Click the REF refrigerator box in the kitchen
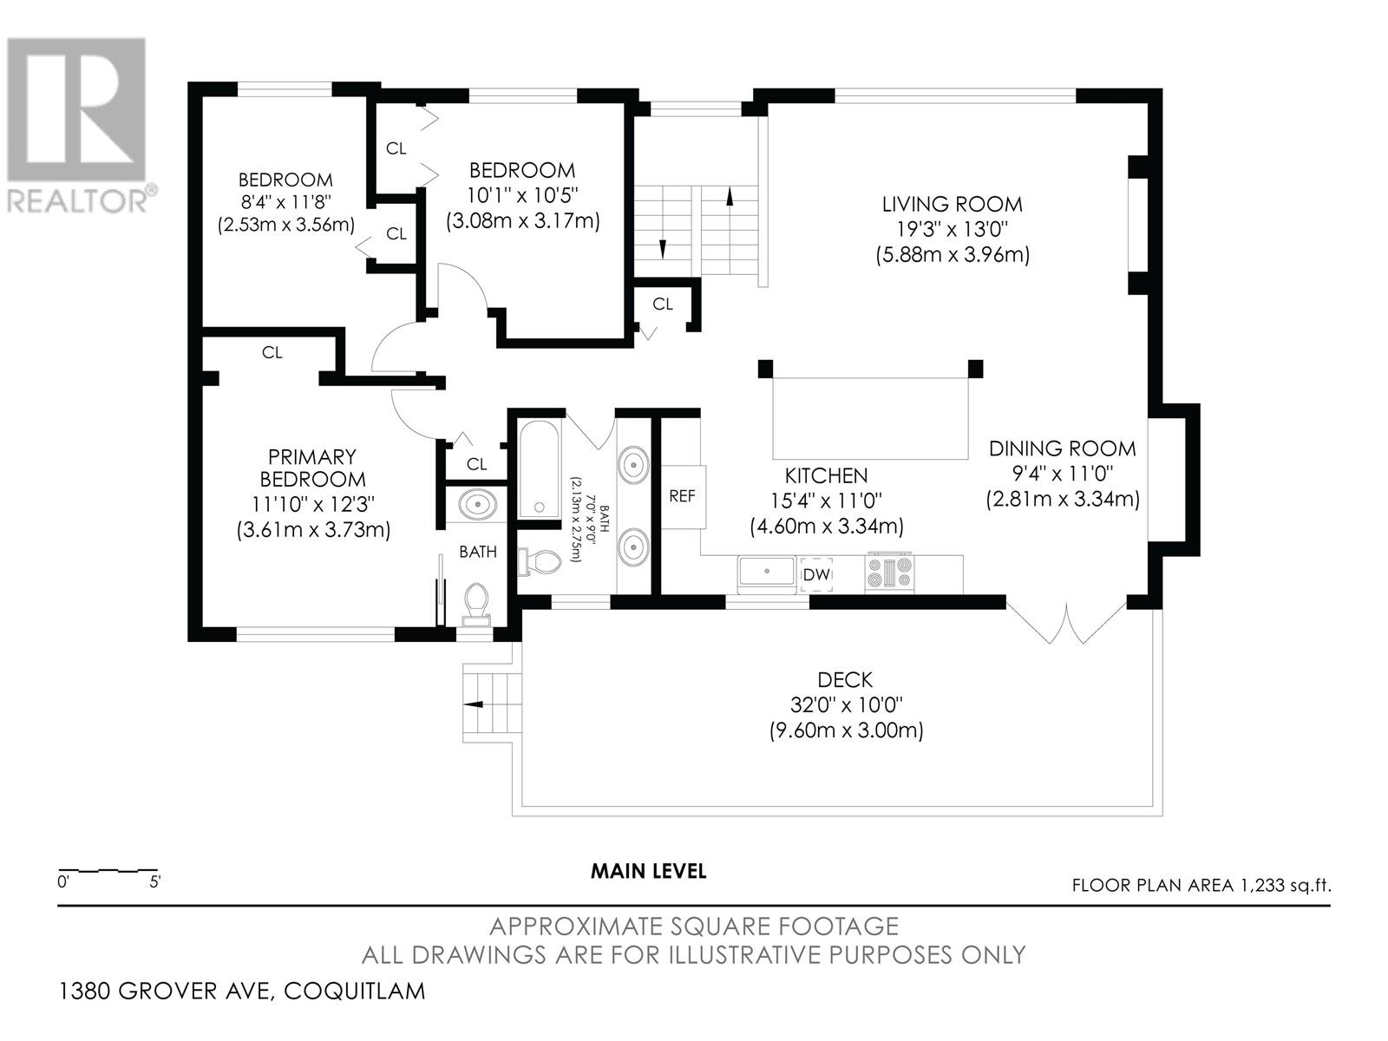(x=683, y=497)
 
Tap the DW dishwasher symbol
(x=815, y=574)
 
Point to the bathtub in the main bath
(x=539, y=469)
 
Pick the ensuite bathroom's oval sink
(x=477, y=506)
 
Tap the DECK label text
(x=845, y=680)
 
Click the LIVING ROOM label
(x=952, y=204)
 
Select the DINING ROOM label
(x=1063, y=448)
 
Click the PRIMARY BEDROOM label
(x=312, y=468)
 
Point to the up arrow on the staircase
(x=730, y=196)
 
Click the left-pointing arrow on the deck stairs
(x=474, y=704)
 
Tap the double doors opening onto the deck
(x=1067, y=623)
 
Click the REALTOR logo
(x=78, y=125)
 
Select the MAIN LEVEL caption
(x=648, y=871)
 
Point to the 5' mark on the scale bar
(x=155, y=881)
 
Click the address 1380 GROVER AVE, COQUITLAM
(x=241, y=991)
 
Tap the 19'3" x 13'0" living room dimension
(x=952, y=228)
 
